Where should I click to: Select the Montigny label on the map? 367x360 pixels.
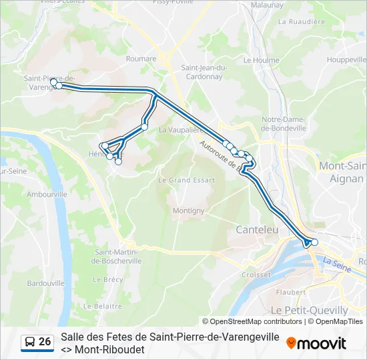[189, 211]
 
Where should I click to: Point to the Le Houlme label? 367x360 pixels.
[261, 59]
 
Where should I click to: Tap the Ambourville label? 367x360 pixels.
[47, 194]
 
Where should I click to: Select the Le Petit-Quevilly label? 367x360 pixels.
[309, 310]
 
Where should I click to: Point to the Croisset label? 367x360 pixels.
[256, 274]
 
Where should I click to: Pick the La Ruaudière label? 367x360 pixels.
[301, 21]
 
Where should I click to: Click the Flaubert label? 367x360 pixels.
[290, 291]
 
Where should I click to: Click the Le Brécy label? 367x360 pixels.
[113, 280]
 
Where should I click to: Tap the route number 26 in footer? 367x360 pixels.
[45, 342]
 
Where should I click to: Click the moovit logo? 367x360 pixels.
[316, 343]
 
